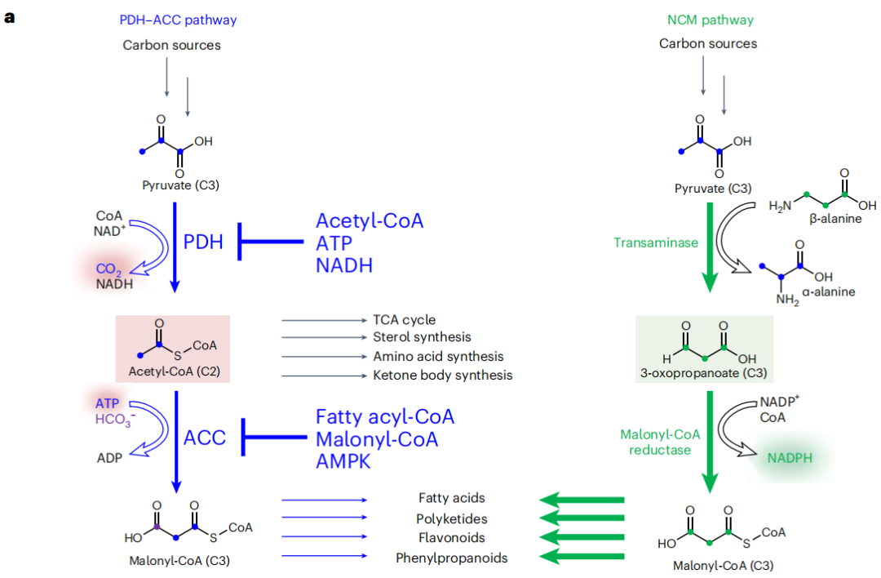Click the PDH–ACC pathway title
click(x=171, y=20)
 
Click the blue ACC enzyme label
click(x=204, y=438)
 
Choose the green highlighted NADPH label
click(x=789, y=457)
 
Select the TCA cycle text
click(x=405, y=320)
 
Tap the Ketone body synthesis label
click(x=443, y=376)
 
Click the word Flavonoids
click(x=451, y=538)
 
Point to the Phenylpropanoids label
click(x=451, y=558)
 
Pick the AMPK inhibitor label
click(x=343, y=461)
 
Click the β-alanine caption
click(x=835, y=219)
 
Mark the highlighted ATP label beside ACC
click(x=107, y=403)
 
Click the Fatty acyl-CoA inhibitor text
click(x=385, y=417)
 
